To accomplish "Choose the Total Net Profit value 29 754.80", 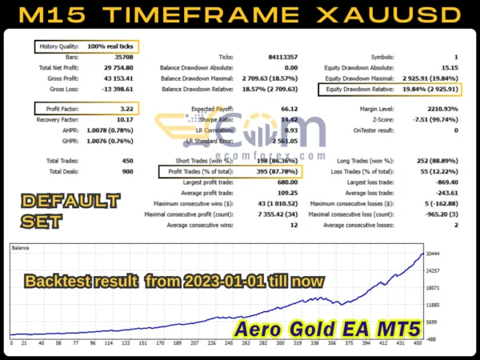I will [118, 69].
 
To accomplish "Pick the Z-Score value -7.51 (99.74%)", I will [431, 119].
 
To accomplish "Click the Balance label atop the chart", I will [21, 249].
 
